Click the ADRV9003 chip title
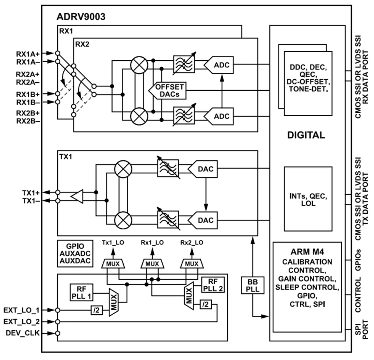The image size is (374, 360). pyautogui.click(x=81, y=17)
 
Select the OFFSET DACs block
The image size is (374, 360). pyautogui.click(x=167, y=91)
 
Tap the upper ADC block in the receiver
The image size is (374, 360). pyautogui.click(x=219, y=65)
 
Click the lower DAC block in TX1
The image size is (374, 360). pyautogui.click(x=203, y=220)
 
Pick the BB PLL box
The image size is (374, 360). pyautogui.click(x=252, y=285)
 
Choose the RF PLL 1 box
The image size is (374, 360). pyautogui.click(x=82, y=293)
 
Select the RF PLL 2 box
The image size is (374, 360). pyautogui.click(x=213, y=285)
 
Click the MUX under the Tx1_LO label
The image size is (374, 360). pyautogui.click(x=113, y=264)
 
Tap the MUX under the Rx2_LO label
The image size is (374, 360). pyautogui.click(x=192, y=264)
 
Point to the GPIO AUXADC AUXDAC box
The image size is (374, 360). pyautogui.click(x=75, y=254)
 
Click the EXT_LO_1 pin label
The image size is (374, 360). pyautogui.click(x=22, y=310)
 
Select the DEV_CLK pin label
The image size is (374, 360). pyautogui.click(x=22, y=333)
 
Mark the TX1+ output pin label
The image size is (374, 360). pyautogui.click(x=31, y=193)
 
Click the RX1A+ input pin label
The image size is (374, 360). pyautogui.click(x=28, y=54)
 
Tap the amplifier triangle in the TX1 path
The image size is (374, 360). pyautogui.click(x=77, y=197)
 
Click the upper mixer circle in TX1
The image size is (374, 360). pyautogui.click(x=123, y=169)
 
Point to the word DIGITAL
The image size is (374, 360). pyautogui.click(x=306, y=135)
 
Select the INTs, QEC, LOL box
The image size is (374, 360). pyautogui.click(x=308, y=199)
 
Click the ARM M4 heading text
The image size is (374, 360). pyautogui.click(x=307, y=252)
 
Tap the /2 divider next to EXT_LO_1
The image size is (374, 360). pyautogui.click(x=97, y=310)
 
